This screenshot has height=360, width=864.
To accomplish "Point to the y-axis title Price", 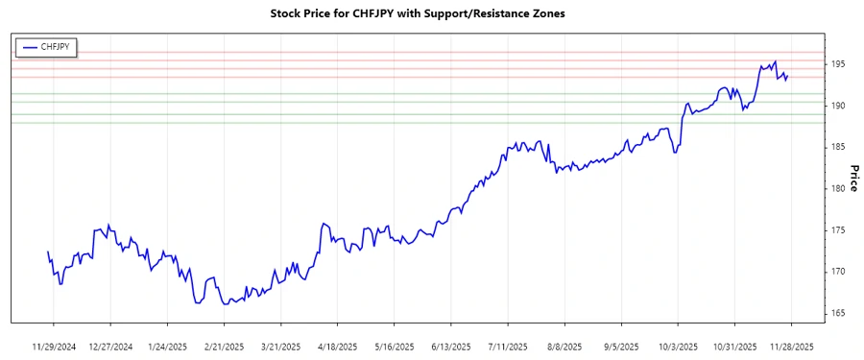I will coord(852,178).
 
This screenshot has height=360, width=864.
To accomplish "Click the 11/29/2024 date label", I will coord(54,346).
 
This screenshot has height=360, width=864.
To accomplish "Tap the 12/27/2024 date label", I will coord(110,346).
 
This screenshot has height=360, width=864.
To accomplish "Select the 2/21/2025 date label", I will coord(224,346).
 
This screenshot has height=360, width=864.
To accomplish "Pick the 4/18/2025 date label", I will coord(337,346).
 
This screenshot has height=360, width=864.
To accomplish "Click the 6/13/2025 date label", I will coord(450,346).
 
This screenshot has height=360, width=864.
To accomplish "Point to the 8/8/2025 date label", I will coord(564,346).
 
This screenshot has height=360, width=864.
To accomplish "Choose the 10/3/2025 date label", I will coord(677,346).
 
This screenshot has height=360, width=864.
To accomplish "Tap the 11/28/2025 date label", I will coord(790,346).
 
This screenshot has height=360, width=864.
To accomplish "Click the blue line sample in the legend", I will coord(29,45).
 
